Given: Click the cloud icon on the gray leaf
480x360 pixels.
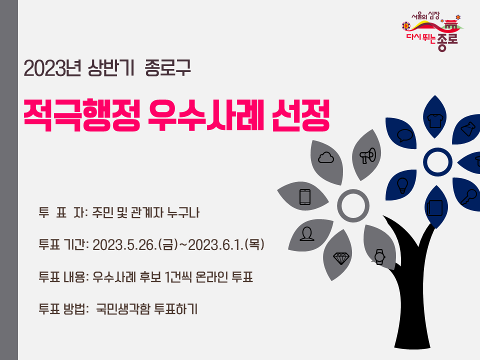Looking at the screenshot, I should [x=325, y=158].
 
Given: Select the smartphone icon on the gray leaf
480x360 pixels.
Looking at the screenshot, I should [x=305, y=196].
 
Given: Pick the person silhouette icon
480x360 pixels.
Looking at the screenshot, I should [x=307, y=233].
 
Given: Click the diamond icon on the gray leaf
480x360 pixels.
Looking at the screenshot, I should [x=342, y=258].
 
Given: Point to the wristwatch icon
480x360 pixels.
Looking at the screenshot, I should [x=379, y=256].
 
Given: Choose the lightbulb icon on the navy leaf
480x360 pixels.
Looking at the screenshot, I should [x=402, y=184].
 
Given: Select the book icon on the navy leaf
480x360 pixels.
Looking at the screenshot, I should [x=432, y=207].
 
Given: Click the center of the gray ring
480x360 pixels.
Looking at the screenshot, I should [x=353, y=205].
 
